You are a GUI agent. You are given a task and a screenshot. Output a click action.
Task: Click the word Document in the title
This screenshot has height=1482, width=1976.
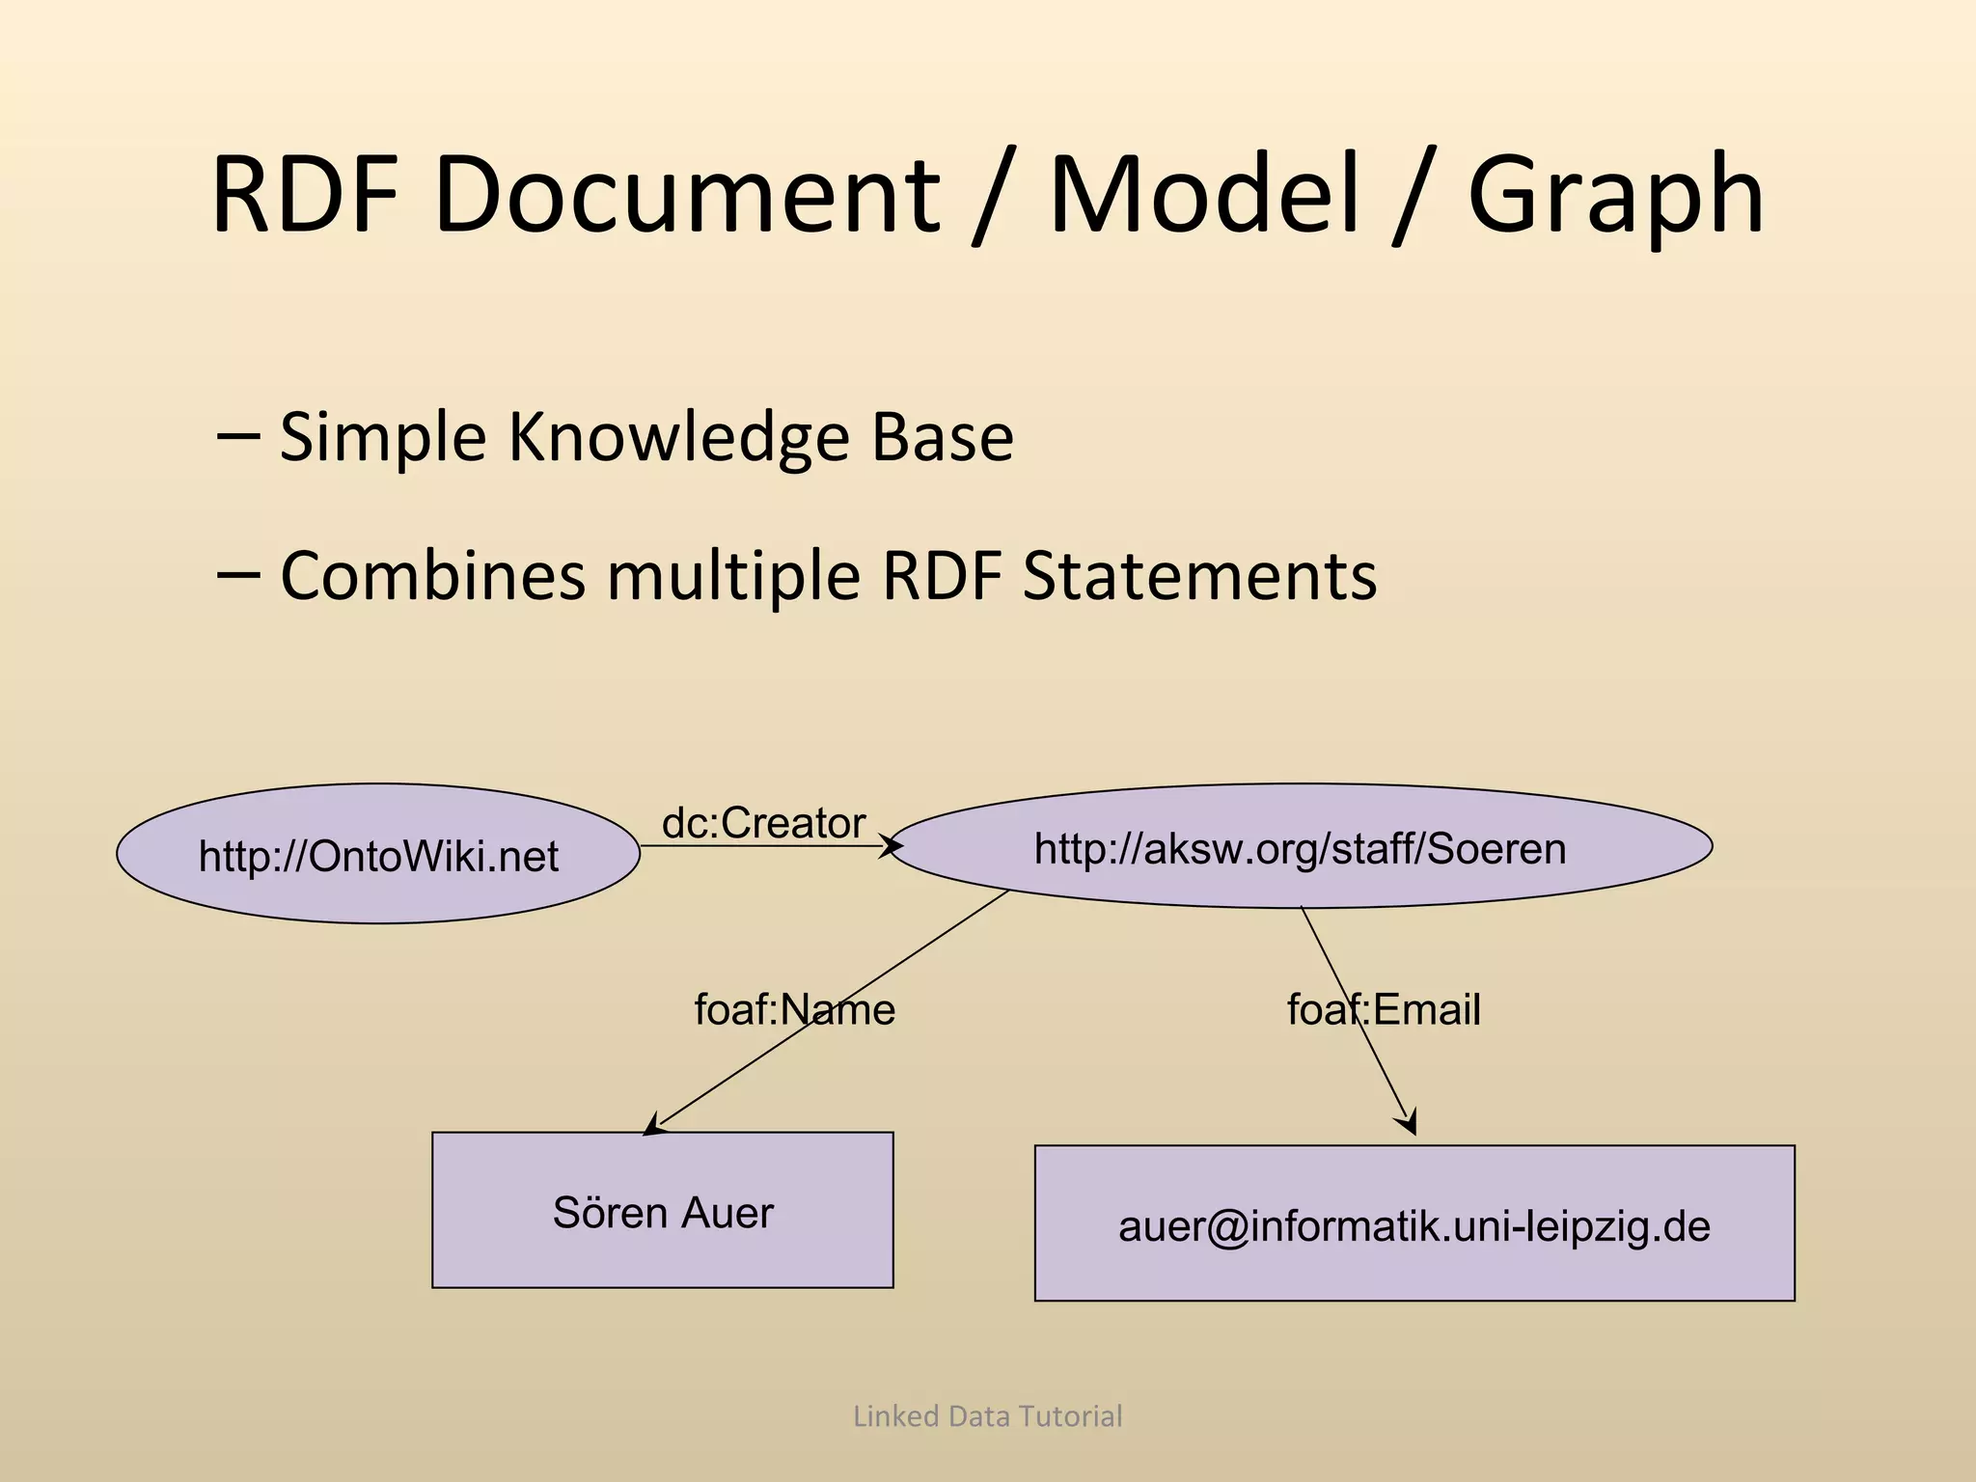point(687,195)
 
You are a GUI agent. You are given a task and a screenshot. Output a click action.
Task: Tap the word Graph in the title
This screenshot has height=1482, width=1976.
point(1616,195)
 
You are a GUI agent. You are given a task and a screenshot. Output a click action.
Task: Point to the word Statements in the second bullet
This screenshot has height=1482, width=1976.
point(1199,576)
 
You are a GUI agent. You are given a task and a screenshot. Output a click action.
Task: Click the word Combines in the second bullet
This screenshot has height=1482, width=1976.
point(432,576)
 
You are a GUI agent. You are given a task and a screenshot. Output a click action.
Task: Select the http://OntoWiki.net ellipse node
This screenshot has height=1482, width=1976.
point(378,855)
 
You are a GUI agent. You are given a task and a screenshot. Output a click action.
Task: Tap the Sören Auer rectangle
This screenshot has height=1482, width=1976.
point(663,1212)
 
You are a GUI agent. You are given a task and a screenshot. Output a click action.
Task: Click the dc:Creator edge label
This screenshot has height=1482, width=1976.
point(763,823)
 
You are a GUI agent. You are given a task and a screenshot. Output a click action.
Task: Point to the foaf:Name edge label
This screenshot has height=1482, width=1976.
point(795,1010)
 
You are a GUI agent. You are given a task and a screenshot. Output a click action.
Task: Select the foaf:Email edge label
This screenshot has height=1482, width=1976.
point(1384,1010)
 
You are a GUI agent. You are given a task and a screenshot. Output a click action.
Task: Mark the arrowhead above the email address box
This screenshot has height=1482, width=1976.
point(1408,1122)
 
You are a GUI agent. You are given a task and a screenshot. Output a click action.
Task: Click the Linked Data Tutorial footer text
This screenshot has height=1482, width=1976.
point(987,1416)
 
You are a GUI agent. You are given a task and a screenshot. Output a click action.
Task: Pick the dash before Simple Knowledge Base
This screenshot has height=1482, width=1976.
point(238,437)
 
